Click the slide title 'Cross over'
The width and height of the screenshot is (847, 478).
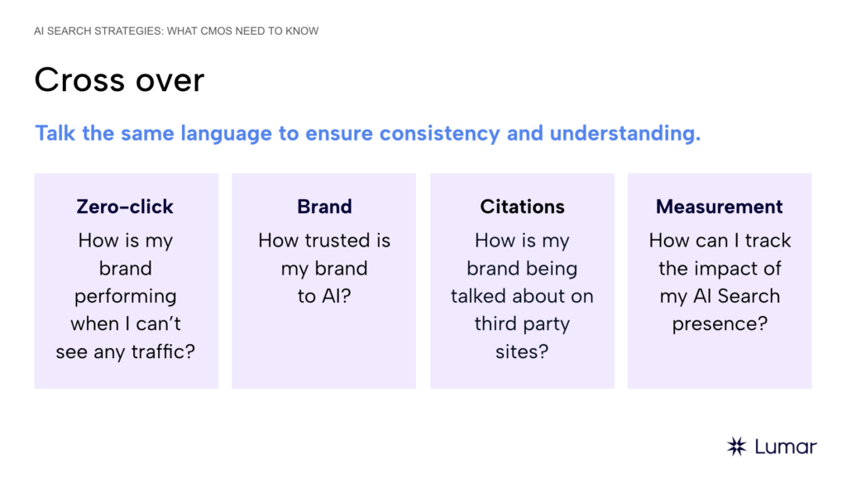coord(119,80)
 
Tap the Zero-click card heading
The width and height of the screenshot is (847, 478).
coord(126,207)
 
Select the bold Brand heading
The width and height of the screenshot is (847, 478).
coord(324,207)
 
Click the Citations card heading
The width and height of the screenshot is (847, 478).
coord(522,207)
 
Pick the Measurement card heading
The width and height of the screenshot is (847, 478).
coord(719,207)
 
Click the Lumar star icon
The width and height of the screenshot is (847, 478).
coord(736,447)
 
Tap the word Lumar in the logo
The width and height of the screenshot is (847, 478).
coord(786,447)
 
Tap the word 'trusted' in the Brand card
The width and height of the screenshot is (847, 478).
coord(334,241)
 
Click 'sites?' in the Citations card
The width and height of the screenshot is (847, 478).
coord(522,351)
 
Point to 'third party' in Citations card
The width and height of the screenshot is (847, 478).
coord(522,324)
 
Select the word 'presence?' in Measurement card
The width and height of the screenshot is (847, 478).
coord(720,324)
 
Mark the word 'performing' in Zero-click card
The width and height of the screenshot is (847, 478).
coord(126,296)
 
